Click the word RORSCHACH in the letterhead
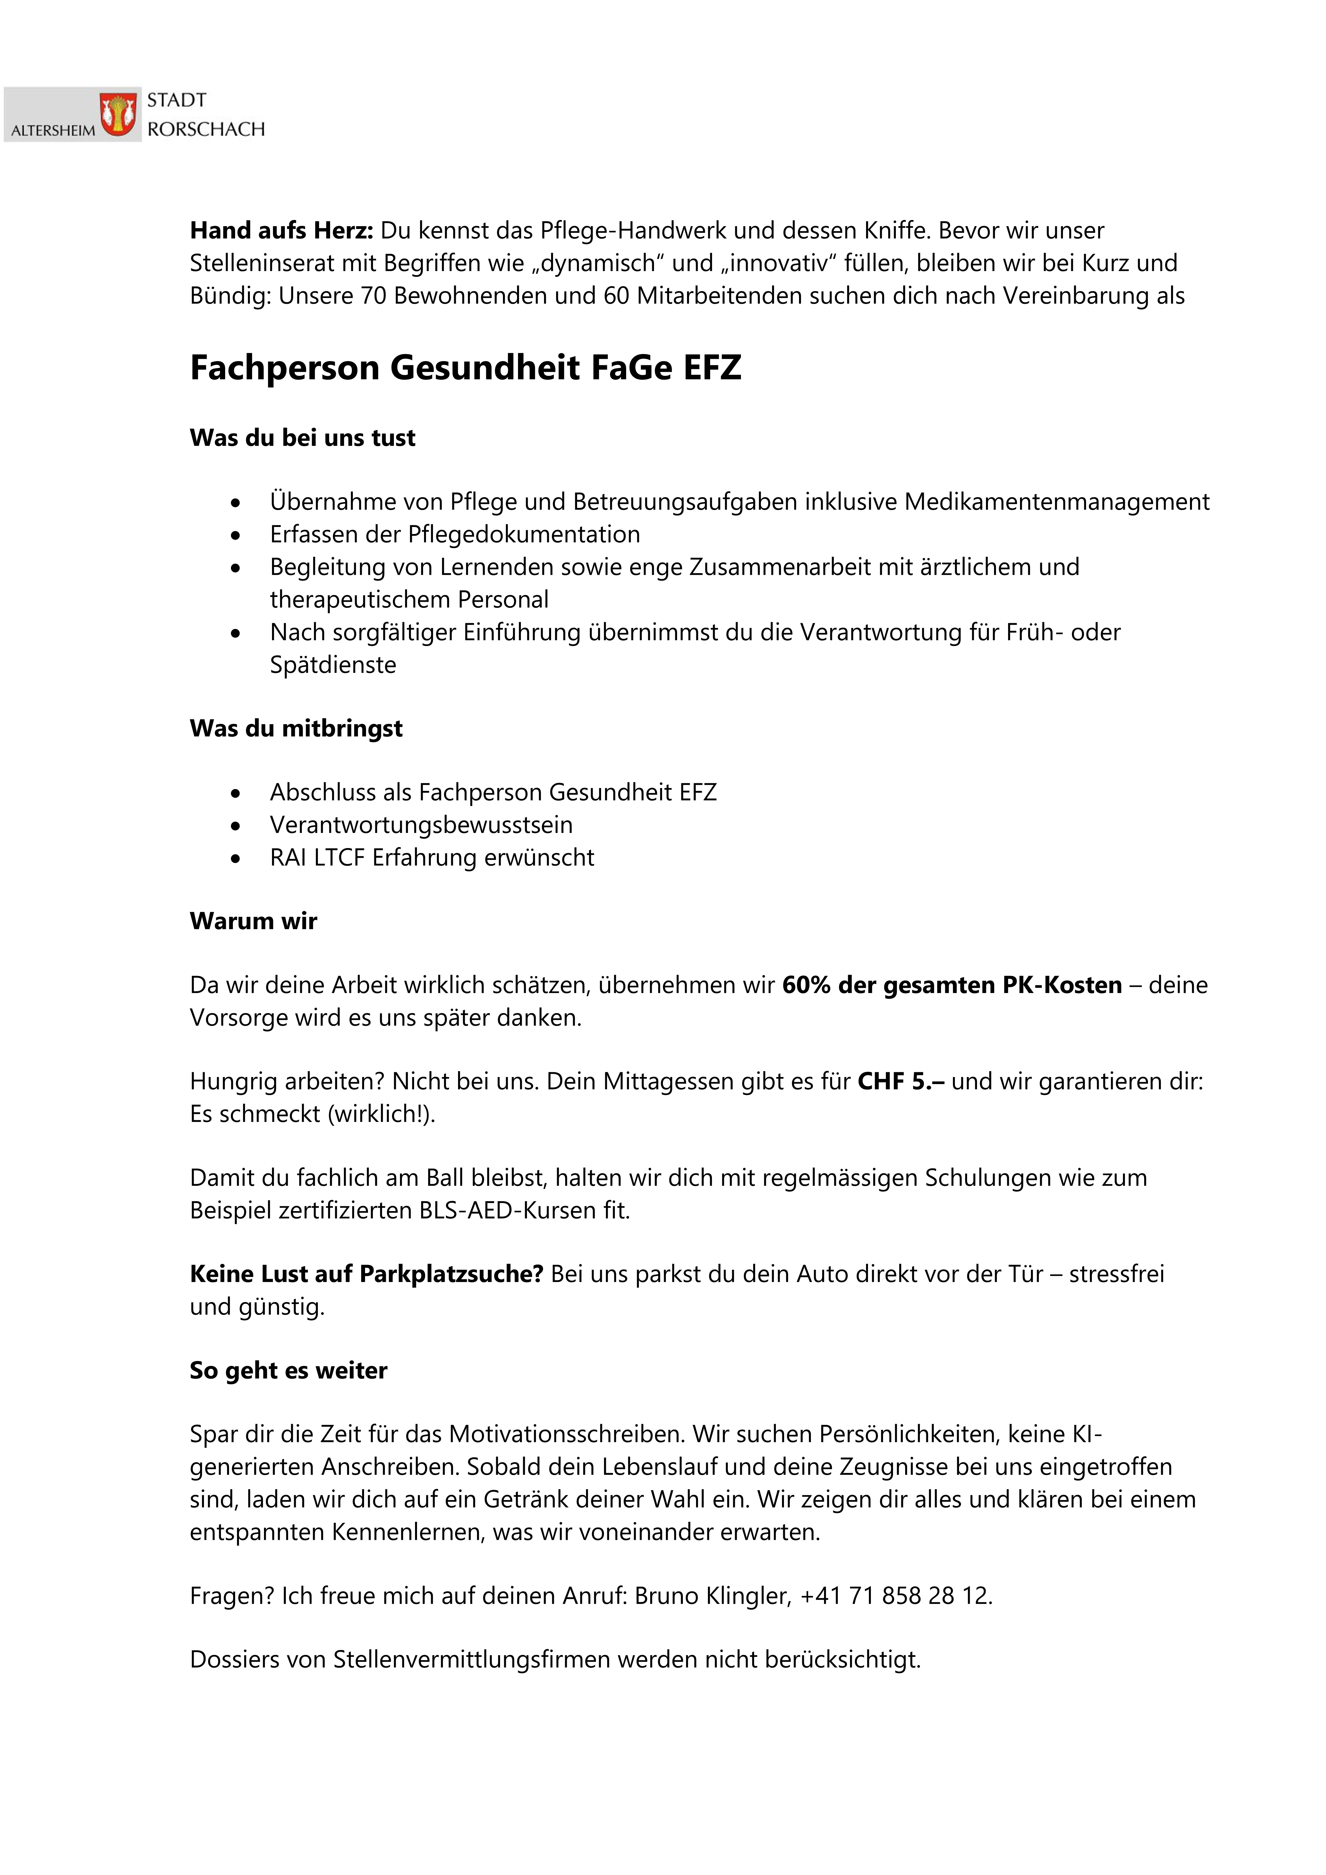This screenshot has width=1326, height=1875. click(206, 129)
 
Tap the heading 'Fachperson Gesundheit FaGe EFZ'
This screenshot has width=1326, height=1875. click(465, 368)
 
